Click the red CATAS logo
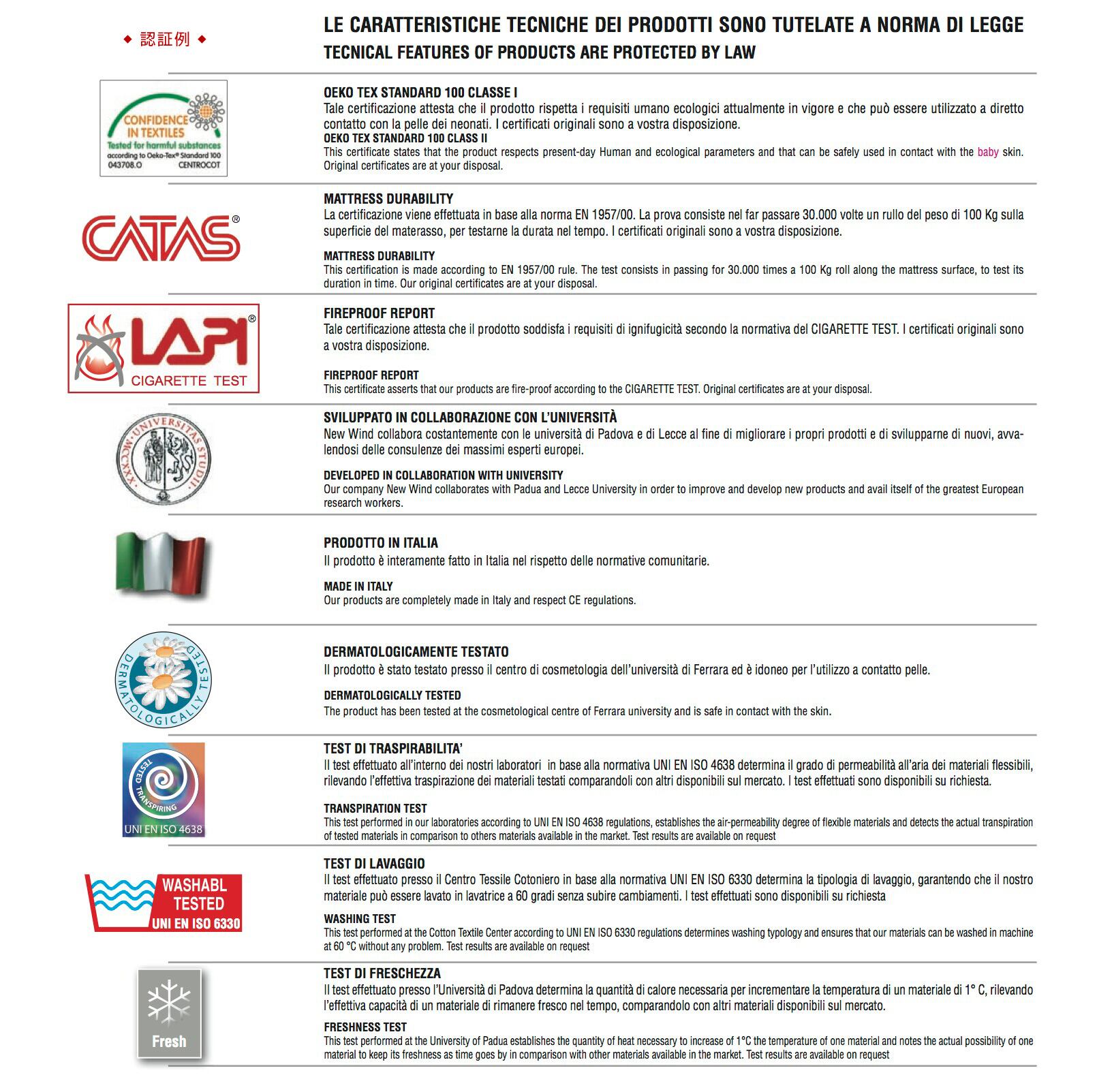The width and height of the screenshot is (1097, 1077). click(161, 238)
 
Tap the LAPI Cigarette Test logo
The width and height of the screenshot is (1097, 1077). click(164, 349)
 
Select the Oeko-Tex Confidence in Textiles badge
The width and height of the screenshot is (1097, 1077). click(164, 128)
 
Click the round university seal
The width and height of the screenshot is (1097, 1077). click(164, 459)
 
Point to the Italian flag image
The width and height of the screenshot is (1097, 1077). click(161, 563)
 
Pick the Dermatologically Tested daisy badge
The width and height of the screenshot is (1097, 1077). click(164, 680)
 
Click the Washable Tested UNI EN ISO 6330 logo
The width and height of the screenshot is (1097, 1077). click(164, 903)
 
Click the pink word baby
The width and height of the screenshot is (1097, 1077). click(987, 152)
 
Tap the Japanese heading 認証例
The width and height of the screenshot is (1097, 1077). click(165, 40)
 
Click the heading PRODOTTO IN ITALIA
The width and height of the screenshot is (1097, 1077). click(380, 543)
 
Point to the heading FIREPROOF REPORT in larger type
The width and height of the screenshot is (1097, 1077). click(379, 313)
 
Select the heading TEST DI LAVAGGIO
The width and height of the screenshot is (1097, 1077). click(374, 864)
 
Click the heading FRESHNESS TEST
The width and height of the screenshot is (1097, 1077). click(365, 1027)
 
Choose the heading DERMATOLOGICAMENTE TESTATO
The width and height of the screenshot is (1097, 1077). click(416, 652)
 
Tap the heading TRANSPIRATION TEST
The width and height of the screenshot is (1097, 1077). click(375, 809)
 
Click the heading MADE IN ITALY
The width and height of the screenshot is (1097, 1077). click(358, 587)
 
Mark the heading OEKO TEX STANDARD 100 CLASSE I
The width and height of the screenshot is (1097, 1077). click(420, 93)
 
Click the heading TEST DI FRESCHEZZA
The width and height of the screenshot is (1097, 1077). click(382, 973)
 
